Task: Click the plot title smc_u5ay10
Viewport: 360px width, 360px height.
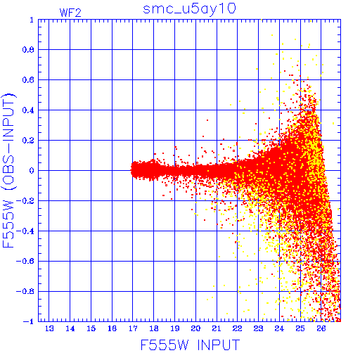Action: [189, 9]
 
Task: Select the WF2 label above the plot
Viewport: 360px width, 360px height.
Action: [70, 13]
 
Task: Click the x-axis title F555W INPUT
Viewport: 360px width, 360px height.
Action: [190, 345]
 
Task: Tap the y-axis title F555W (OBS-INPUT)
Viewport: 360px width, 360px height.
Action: [8, 170]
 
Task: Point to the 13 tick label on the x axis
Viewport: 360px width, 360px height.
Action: [49, 328]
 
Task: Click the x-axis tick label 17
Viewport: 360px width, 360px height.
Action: [133, 328]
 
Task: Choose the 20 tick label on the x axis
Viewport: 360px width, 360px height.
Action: [195, 328]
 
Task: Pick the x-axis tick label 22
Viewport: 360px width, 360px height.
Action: [237, 328]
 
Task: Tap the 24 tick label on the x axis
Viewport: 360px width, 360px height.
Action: [279, 328]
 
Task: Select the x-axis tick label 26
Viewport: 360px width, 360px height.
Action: [321, 328]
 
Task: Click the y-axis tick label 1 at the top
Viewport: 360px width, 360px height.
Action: [32, 20]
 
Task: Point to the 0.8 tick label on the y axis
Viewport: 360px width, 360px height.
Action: [28, 50]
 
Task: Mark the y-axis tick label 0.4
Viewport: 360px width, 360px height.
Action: [28, 110]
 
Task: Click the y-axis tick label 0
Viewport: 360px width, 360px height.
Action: [32, 171]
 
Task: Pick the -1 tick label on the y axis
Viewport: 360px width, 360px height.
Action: [29, 321]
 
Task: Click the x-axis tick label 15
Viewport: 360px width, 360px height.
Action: [91, 328]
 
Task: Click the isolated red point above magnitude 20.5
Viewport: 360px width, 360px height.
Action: [207, 120]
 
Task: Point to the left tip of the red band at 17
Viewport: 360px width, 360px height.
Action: [131, 170]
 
